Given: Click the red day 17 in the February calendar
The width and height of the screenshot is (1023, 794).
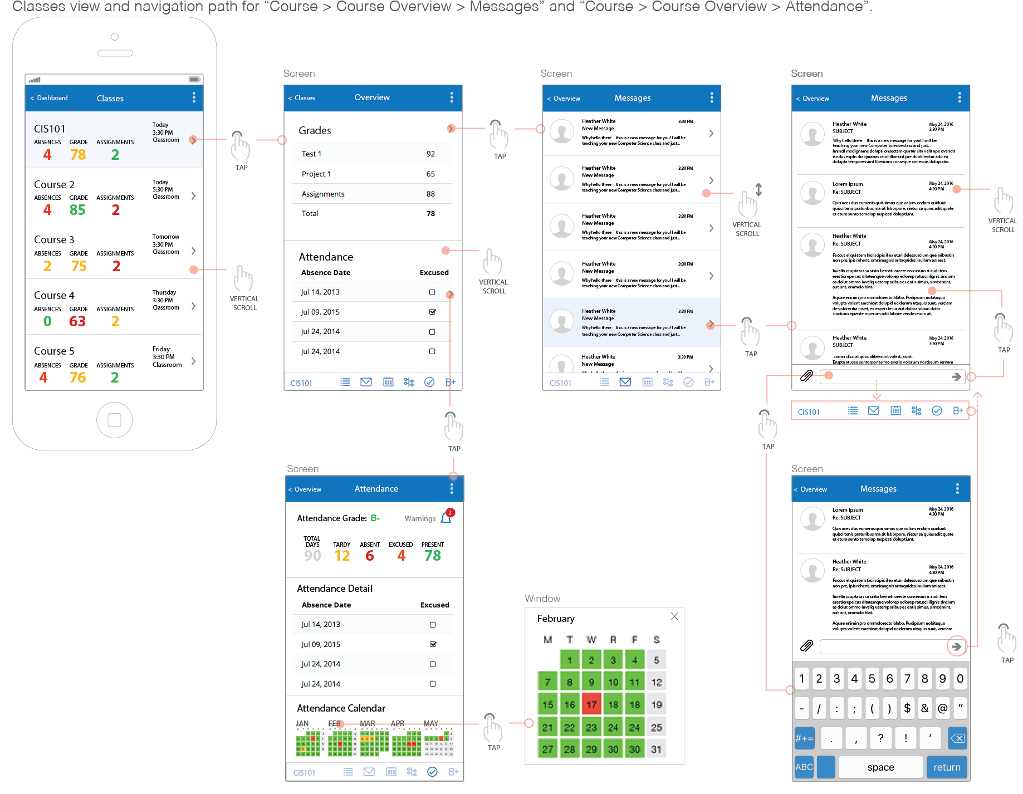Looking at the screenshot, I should [591, 704].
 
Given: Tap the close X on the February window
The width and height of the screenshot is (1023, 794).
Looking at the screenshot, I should [674, 616].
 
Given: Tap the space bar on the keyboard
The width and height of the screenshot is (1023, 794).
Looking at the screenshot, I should [880, 767].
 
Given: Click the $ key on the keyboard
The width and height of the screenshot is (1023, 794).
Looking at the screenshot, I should [907, 708].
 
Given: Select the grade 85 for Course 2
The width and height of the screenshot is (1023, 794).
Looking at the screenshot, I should [77, 210].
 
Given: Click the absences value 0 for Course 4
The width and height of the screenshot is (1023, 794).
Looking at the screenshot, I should [47, 321].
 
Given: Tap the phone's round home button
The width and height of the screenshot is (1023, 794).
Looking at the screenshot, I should [114, 420].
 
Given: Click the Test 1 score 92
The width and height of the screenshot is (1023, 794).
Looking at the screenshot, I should [430, 154].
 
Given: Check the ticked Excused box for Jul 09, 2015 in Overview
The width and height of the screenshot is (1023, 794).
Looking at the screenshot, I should [432, 312].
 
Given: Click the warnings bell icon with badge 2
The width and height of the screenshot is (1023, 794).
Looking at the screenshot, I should [447, 517].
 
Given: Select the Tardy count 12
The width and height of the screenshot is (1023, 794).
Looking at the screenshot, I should [342, 556].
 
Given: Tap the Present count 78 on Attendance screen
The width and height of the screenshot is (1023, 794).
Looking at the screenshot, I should [432, 556].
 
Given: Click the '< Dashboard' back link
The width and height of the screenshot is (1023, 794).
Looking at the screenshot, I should [49, 98].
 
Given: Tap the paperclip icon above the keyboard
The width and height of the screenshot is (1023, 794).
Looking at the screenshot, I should [806, 646].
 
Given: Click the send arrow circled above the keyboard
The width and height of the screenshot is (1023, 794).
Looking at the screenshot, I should [956, 646].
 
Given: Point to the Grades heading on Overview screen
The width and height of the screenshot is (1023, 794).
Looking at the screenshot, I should [315, 130].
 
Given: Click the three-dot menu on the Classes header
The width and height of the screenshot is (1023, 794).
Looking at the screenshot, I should [194, 97].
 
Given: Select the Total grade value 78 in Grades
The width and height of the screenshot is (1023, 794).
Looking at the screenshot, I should [430, 213].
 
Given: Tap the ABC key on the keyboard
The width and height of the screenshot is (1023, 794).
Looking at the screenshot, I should [804, 767].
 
